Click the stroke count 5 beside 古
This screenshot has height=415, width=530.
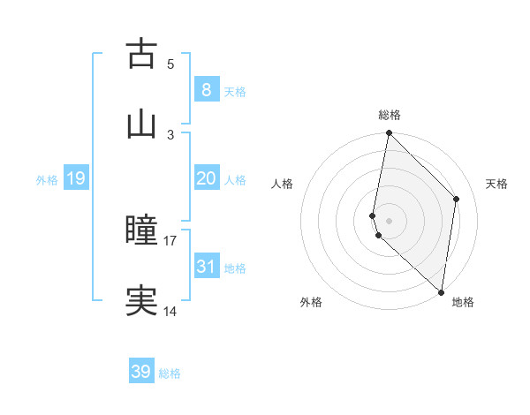(x=170, y=64)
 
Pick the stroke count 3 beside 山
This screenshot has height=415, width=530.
(x=170, y=134)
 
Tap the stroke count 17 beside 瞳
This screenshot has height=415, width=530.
(x=170, y=240)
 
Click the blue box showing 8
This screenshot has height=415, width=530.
(x=206, y=89)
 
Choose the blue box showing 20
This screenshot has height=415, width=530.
(x=206, y=178)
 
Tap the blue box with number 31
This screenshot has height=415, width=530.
(x=206, y=266)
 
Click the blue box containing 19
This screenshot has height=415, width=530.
(x=75, y=178)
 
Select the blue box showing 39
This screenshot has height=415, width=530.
(x=141, y=372)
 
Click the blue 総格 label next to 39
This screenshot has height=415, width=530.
(x=170, y=373)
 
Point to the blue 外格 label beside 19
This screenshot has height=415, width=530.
(x=47, y=179)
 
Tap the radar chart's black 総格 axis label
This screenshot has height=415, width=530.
(x=390, y=115)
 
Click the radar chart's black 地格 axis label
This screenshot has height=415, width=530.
(x=463, y=303)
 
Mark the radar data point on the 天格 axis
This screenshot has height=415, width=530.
(x=457, y=199)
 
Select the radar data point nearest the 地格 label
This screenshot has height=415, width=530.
(x=442, y=291)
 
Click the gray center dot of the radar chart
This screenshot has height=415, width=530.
(x=389, y=220)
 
